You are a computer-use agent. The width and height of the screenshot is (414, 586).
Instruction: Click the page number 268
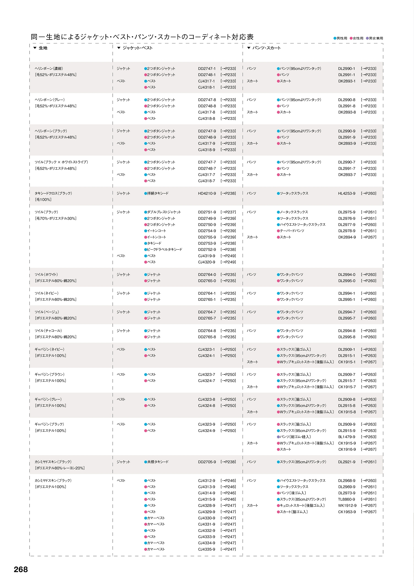(21, 569)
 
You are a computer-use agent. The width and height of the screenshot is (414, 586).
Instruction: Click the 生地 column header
(43, 48)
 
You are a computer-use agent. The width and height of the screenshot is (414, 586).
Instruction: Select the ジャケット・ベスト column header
(137, 48)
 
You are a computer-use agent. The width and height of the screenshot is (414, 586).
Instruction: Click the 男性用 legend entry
(342, 38)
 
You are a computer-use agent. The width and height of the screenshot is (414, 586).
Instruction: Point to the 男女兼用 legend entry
(376, 38)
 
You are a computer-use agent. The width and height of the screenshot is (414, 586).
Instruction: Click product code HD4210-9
(207, 193)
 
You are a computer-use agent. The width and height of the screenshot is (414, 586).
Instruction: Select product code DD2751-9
(207, 212)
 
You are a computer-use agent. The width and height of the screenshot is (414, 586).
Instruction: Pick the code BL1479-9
(347, 437)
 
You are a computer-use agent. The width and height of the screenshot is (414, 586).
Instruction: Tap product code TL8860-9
(347, 499)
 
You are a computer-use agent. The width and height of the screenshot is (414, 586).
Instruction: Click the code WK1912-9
(347, 505)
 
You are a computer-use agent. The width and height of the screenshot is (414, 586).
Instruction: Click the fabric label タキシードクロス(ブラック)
(53, 193)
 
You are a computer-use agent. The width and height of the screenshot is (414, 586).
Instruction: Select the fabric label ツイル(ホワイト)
(46, 275)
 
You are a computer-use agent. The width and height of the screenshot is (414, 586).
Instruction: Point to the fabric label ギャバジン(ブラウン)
(49, 374)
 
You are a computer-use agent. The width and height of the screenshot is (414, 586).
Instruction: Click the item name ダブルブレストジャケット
(164, 212)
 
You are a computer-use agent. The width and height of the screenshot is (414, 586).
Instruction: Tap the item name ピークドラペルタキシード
(165, 250)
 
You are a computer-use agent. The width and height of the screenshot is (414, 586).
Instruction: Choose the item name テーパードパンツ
(292, 231)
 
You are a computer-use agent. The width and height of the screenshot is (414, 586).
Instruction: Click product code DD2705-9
(207, 462)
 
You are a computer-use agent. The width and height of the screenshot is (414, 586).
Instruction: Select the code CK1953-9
(347, 512)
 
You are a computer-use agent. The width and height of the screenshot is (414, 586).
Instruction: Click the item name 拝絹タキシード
(158, 193)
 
